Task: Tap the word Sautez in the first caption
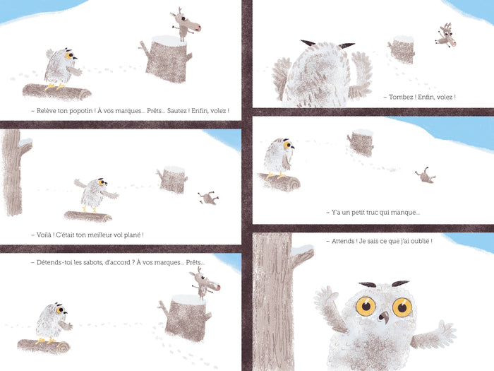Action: (176, 111)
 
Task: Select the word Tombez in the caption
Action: (401, 97)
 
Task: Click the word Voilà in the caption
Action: (44, 235)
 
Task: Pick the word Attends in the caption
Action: (344, 241)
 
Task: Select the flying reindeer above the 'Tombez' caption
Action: (445, 35)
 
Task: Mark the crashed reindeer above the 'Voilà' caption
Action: (208, 198)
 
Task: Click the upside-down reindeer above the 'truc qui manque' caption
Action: (426, 176)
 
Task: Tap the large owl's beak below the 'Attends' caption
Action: (384, 317)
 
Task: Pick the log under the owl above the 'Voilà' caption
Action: (88, 216)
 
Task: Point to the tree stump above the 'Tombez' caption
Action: (401, 50)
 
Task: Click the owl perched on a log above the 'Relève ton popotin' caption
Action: (62, 69)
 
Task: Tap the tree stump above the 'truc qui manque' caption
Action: (361, 143)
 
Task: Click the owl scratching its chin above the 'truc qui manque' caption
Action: (279, 158)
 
